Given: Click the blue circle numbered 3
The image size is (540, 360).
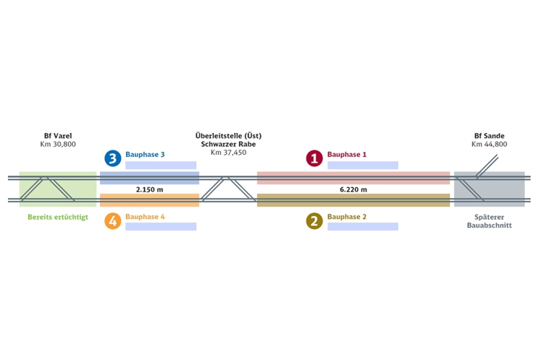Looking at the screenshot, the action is coord(113,158).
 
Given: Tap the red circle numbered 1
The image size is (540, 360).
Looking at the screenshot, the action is coord(315,158).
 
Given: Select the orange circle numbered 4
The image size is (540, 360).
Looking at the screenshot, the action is coord(113,221).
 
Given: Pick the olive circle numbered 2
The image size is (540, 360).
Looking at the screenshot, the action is coord(315,221).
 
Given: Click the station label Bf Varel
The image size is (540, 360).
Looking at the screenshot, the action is coord(58,136).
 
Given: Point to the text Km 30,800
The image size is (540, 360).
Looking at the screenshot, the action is coord(58,144).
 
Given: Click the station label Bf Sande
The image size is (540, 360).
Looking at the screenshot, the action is coord(490,136).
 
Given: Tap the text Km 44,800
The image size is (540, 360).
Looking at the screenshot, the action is coord(490,144).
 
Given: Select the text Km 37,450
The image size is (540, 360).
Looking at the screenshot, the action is coord(229,153).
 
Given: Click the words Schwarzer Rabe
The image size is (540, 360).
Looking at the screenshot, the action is coord(228,144).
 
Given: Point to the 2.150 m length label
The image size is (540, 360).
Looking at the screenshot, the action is coord(150,189).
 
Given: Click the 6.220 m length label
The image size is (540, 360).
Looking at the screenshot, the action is coord(354,189).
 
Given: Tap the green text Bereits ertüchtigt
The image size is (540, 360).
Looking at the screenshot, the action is coord(58,217).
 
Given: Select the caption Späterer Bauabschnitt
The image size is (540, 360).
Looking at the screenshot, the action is coord(490,221).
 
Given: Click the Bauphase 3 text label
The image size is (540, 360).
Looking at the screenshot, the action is coord(145,154).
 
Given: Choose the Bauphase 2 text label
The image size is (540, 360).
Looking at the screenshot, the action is coord(347,217).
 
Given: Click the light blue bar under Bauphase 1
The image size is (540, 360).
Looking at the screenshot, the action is coord(363,165).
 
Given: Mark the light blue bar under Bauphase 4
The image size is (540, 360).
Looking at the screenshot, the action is coord(161,226).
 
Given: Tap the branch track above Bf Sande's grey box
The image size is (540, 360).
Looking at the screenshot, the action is coord(487,166).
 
